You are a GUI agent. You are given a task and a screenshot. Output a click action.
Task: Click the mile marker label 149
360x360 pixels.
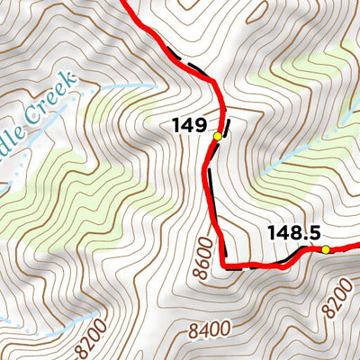(190, 125)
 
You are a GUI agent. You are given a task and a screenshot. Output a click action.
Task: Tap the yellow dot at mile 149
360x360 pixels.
(217, 136)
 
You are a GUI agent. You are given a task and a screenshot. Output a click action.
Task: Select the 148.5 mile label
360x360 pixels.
(293, 233)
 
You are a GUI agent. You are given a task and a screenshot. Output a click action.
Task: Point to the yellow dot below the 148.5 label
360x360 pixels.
(326, 249)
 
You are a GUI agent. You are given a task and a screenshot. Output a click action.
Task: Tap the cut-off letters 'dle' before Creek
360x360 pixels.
(11, 135)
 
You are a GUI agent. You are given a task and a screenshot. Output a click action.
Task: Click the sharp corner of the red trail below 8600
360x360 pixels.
(226, 267)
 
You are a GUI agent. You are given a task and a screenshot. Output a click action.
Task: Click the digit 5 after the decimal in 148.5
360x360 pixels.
(313, 233)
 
